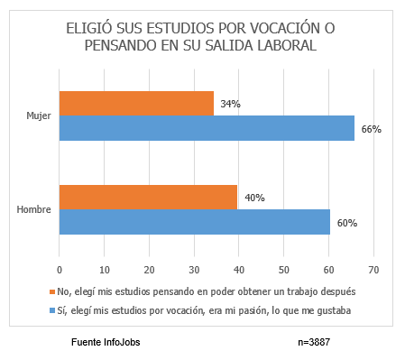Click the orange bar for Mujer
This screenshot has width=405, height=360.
pyautogui.click(x=136, y=103)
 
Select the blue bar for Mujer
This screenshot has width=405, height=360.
pyautogui.click(x=207, y=128)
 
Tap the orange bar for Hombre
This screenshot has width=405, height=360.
pyautogui.click(x=148, y=197)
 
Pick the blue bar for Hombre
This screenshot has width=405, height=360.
pyautogui.click(x=194, y=222)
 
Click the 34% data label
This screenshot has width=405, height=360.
pyautogui.click(x=229, y=104)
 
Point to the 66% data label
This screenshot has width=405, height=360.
pyautogui.click(x=371, y=129)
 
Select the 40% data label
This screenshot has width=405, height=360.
pyautogui.click(x=253, y=198)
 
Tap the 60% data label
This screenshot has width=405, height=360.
pyautogui.click(x=347, y=223)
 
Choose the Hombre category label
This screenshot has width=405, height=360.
pyautogui.click(x=33, y=210)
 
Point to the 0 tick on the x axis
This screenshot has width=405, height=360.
pyautogui.click(x=60, y=268)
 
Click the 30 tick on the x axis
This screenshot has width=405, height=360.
pyautogui.click(x=194, y=268)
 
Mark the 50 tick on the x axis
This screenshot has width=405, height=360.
pyautogui.click(x=284, y=268)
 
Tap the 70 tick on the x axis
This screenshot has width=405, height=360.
pyautogui.click(x=373, y=268)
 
